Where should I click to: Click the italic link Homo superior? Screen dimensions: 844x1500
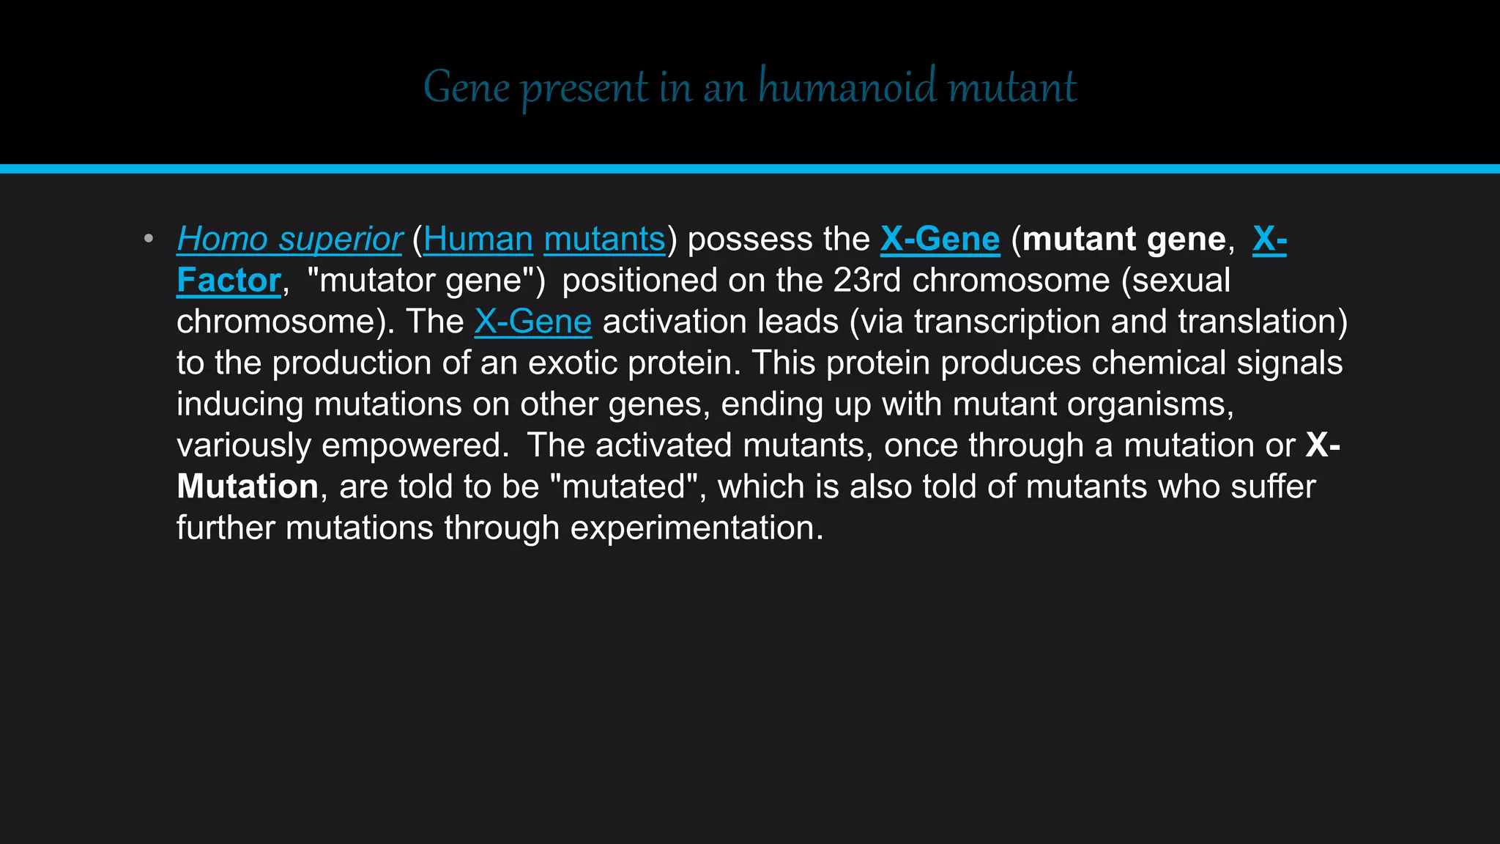289,240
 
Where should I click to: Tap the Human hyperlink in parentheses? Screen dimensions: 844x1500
478,240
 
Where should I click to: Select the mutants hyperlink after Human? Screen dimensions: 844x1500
604,240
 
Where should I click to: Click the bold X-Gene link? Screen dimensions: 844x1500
940,240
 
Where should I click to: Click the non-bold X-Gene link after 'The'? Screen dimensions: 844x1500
532,322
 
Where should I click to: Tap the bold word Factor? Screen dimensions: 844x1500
229,281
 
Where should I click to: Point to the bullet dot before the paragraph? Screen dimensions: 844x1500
149,239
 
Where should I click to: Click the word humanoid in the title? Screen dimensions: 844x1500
847,87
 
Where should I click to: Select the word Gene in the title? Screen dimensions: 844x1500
467,87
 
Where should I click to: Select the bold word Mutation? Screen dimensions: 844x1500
248,486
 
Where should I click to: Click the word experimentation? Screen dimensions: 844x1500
697,528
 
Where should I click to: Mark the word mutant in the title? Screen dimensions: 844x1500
1011,87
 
